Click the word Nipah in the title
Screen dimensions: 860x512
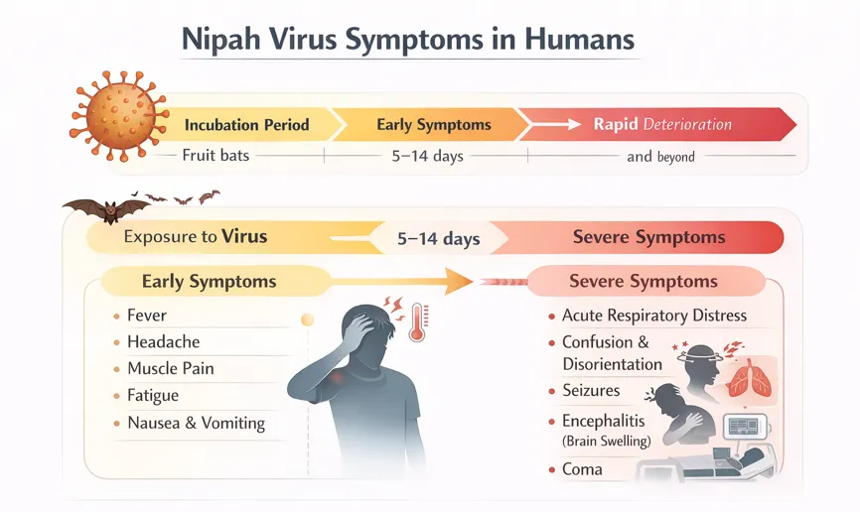221,40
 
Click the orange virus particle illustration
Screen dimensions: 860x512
119,116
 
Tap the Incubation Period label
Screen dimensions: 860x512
247,125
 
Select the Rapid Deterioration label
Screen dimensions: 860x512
662,124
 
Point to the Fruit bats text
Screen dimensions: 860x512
215,156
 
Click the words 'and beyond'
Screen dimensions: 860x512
661,157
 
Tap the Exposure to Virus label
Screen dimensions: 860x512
196,237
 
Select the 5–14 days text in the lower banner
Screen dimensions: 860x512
439,239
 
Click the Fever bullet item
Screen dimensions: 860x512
146,316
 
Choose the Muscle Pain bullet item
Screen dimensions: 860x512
171,368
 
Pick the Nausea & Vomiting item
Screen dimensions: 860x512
197,424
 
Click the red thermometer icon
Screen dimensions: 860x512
418,322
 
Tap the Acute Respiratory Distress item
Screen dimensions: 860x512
654,316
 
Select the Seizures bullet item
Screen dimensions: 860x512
591,390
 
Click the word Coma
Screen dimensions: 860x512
582,469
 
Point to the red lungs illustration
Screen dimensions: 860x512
749,378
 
